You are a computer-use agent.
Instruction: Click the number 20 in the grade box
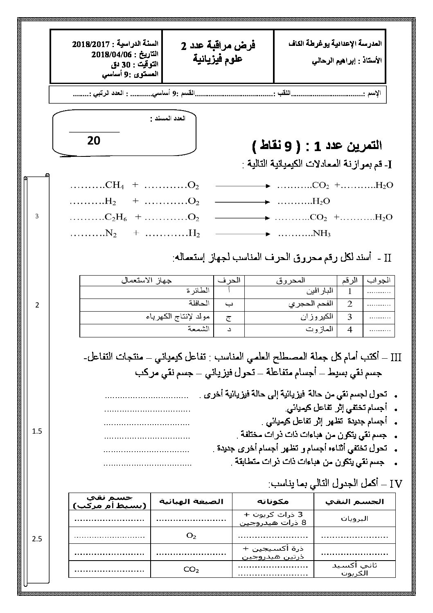pyautogui.click(x=94, y=140)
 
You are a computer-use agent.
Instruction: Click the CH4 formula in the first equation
pyautogui.click(x=115, y=185)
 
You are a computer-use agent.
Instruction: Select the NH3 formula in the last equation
pyautogui.click(x=322, y=234)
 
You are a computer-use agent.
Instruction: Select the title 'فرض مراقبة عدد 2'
pyautogui.click(x=218, y=46)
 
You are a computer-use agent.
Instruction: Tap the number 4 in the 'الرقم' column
pyautogui.click(x=350, y=329)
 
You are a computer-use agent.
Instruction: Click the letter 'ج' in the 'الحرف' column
pyautogui.click(x=228, y=317)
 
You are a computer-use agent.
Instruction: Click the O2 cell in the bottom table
pyautogui.click(x=191, y=536)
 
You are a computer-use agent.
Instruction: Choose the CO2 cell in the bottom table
pyautogui.click(x=191, y=569)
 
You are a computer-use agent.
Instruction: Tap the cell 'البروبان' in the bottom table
pyautogui.click(x=354, y=518)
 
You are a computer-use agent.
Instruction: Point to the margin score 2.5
pyautogui.click(x=37, y=539)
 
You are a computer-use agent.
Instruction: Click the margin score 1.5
pyautogui.click(x=37, y=431)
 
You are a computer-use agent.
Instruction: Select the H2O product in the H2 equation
pyautogui.click(x=321, y=201)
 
